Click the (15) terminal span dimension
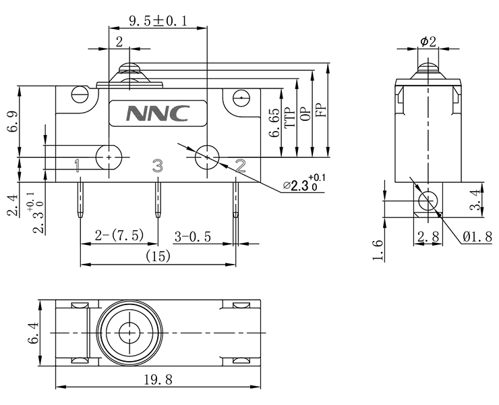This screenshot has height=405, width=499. pos(158,256)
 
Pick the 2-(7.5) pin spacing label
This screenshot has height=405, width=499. pos(119,236)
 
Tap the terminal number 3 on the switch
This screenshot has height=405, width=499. pos(157,165)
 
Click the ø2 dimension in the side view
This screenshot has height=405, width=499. pos(428,42)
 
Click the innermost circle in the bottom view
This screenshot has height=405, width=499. pos(127,333)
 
